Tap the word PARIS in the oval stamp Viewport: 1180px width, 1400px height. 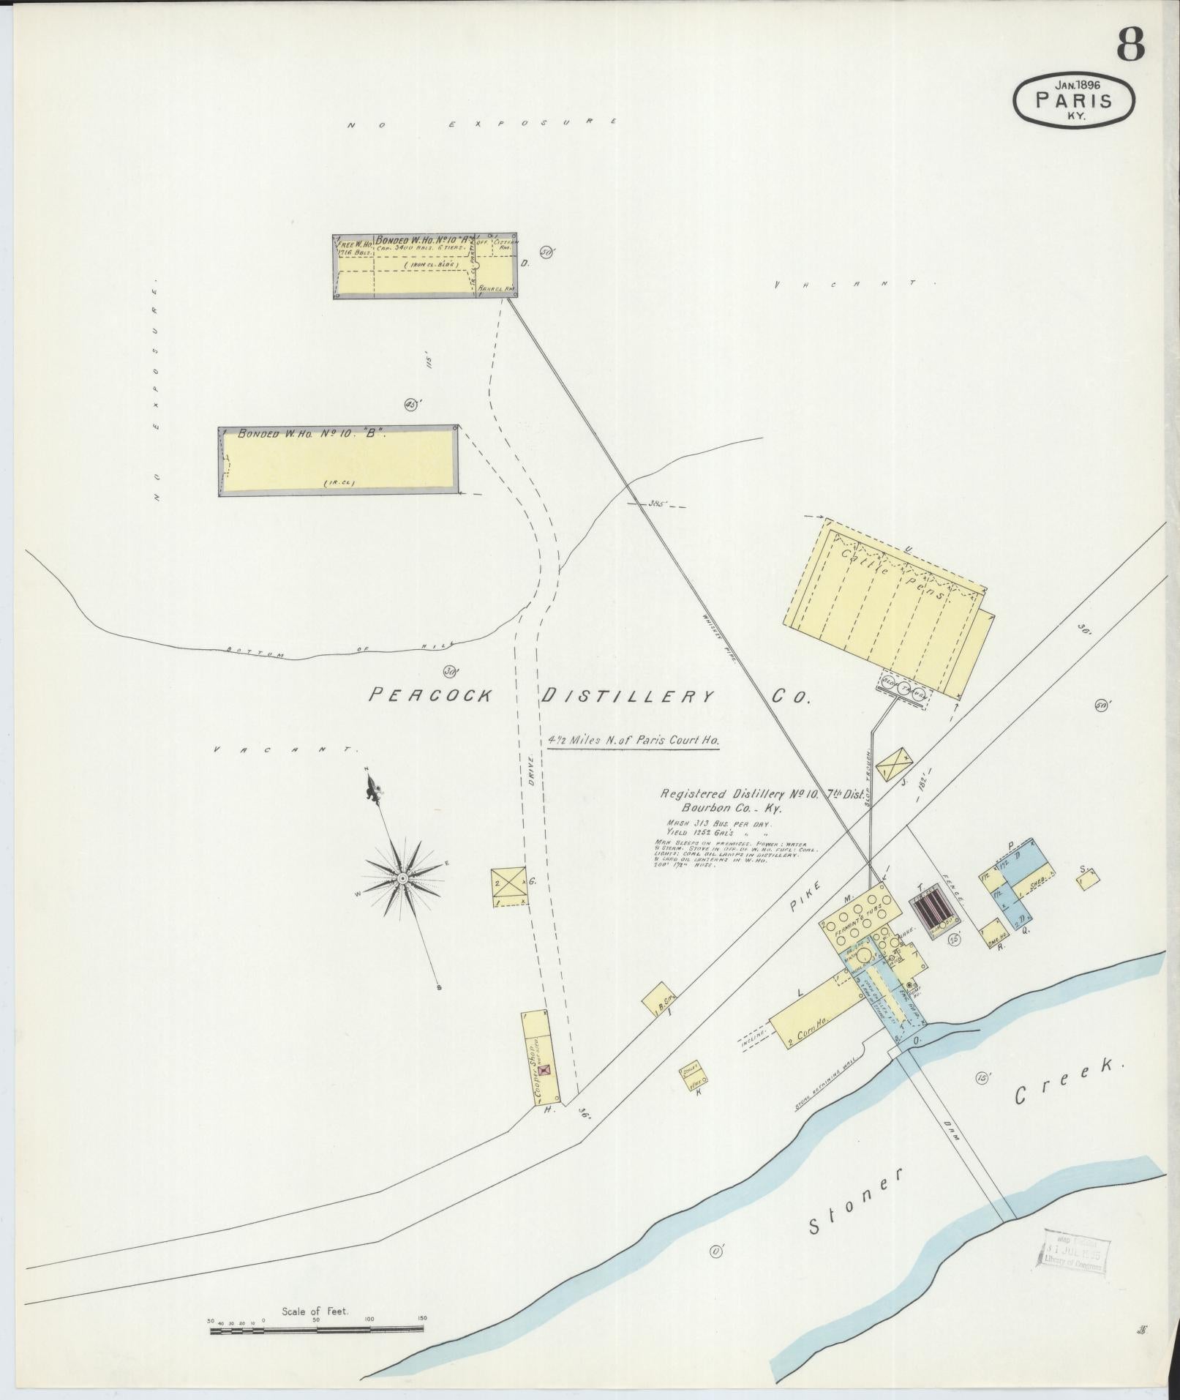[x=1073, y=101]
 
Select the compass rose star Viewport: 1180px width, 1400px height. [x=402, y=877]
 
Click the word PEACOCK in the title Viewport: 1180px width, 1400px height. [x=429, y=696]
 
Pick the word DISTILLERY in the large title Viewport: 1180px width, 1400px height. [x=626, y=697]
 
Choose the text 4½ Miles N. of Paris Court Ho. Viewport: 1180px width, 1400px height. [x=634, y=740]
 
